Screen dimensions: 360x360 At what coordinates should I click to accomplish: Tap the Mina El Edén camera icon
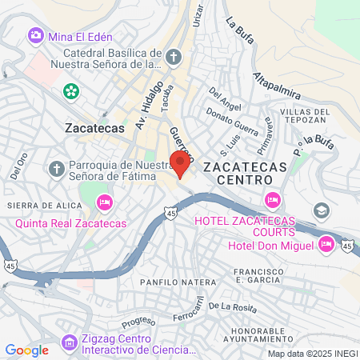[x=35, y=36]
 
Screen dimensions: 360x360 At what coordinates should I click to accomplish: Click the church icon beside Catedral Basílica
[x=175, y=56]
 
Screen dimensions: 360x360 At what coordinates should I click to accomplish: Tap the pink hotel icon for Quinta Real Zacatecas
[x=104, y=204]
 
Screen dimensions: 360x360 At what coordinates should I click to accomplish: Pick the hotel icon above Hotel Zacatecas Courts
[x=272, y=198]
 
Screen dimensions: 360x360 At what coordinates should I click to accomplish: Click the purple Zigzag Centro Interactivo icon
[x=70, y=342]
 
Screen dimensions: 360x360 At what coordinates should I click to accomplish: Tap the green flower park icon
[x=71, y=90]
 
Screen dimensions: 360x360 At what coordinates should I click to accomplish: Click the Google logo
[x=26, y=350]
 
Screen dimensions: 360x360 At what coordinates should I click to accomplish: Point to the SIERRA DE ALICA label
[x=35, y=206]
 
